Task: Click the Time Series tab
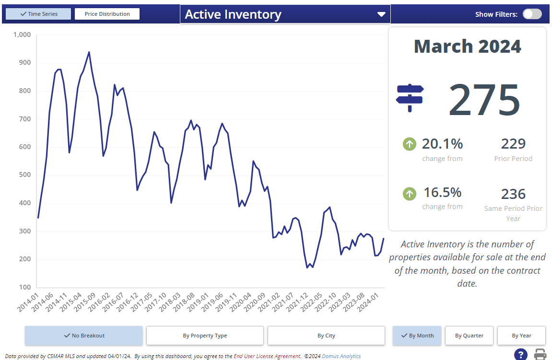[38, 14]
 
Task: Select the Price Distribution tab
[107, 14]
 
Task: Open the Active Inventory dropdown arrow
[381, 14]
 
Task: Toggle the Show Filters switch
[532, 14]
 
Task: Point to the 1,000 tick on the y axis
[22, 35]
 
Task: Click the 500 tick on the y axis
[24, 175]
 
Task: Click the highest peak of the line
[89, 52]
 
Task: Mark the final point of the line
[383, 238]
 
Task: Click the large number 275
[484, 100]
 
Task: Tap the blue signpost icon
[410, 98]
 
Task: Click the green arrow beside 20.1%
[409, 143]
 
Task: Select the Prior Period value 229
[513, 143]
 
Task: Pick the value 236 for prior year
[513, 194]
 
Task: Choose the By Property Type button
[205, 336]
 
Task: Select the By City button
[326, 336]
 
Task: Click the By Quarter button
[469, 336]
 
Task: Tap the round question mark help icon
[520, 355]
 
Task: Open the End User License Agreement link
[267, 356]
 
